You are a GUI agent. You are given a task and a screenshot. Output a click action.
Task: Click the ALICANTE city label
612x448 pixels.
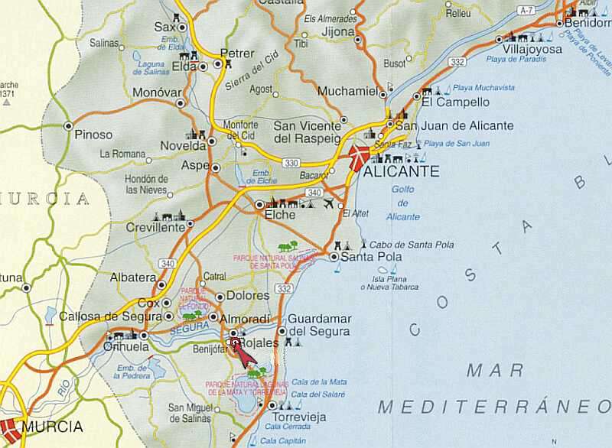click(401, 172)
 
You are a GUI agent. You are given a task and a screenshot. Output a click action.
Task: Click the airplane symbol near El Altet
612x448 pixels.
click(329, 203)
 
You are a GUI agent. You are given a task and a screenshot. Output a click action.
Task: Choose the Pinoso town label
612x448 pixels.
click(93, 135)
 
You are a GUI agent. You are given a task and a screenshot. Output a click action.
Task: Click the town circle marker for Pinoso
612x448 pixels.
click(68, 125)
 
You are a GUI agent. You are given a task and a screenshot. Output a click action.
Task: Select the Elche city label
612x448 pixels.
click(279, 216)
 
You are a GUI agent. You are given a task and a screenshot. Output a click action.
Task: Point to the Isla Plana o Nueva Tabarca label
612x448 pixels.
click(390, 282)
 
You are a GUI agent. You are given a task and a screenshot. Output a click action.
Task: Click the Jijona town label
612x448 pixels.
click(338, 32)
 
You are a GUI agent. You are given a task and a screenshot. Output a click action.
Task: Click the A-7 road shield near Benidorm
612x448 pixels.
click(526, 10)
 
